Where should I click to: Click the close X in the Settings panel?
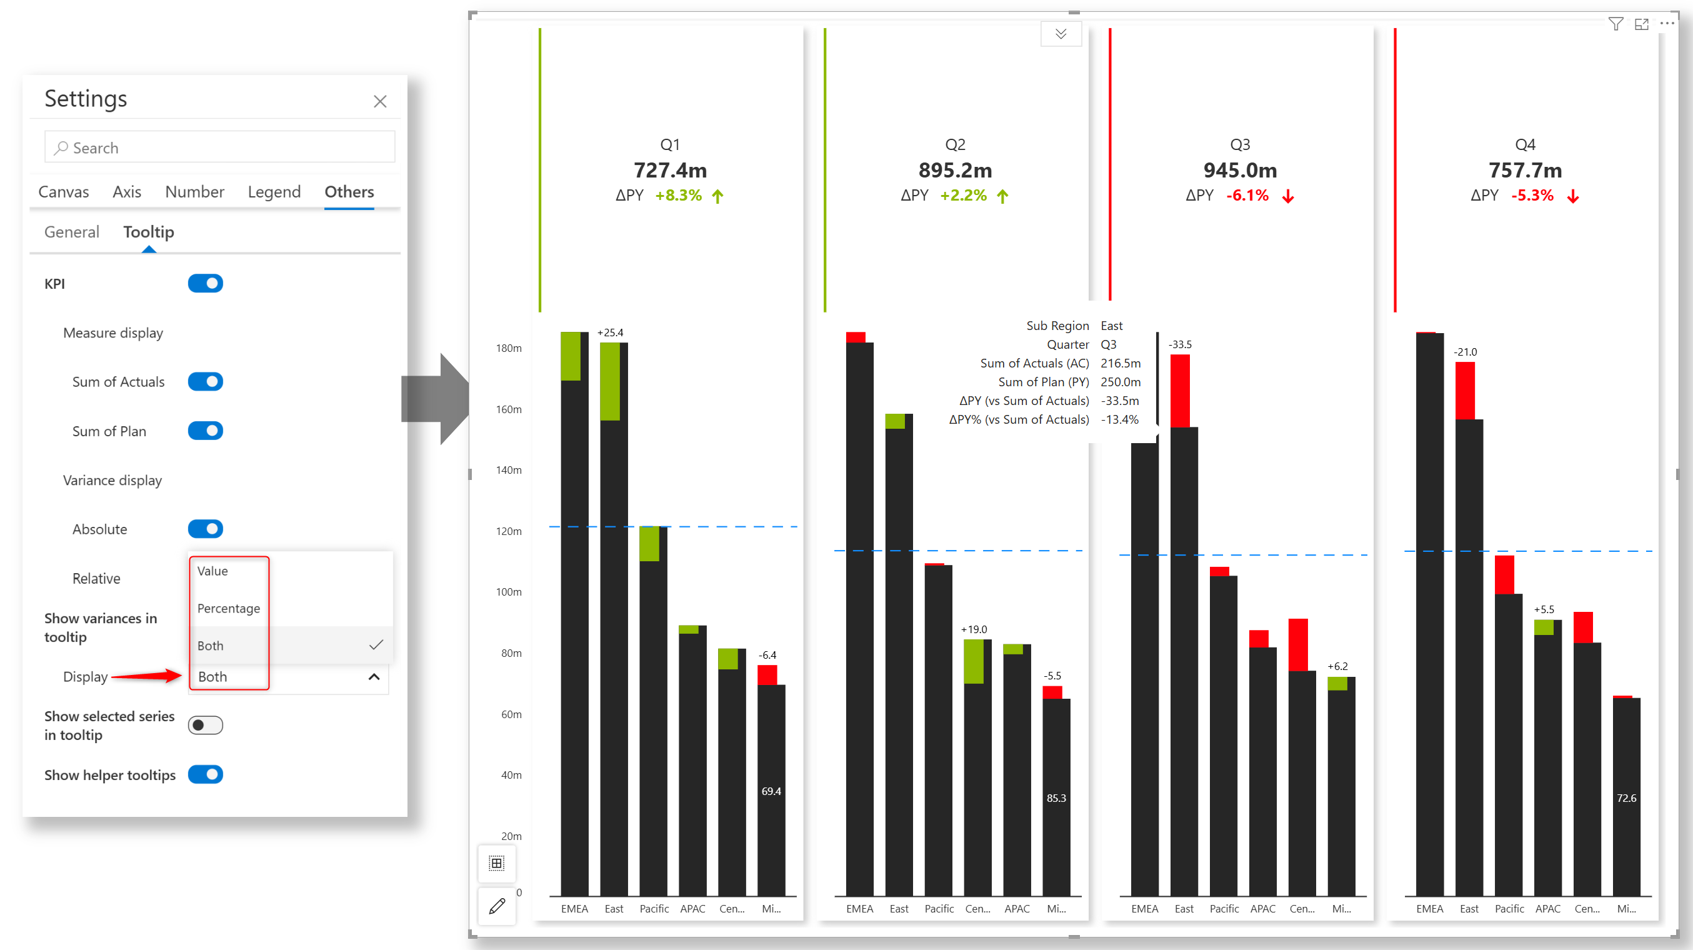[x=380, y=101]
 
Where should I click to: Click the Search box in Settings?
[x=220, y=147]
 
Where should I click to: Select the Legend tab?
[x=274, y=191]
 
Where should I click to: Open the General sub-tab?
[x=72, y=231]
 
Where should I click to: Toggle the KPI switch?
[x=205, y=283]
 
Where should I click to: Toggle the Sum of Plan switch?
[x=205, y=431]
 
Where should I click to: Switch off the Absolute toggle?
[x=205, y=529]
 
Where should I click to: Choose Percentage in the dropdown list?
[x=229, y=608]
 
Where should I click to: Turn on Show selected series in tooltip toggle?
[x=205, y=724]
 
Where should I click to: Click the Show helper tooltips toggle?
[x=205, y=774]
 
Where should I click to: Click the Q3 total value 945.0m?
[x=1239, y=170]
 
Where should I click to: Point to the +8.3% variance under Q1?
[x=678, y=195]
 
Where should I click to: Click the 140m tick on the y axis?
[x=509, y=470]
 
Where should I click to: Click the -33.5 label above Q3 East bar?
[x=1180, y=344]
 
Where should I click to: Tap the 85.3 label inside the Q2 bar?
[x=1056, y=797]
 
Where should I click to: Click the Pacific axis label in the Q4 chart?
[x=1509, y=909]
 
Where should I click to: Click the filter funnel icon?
[x=1616, y=24]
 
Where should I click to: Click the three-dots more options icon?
[x=1667, y=24]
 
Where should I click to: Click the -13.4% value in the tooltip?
[x=1119, y=419]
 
